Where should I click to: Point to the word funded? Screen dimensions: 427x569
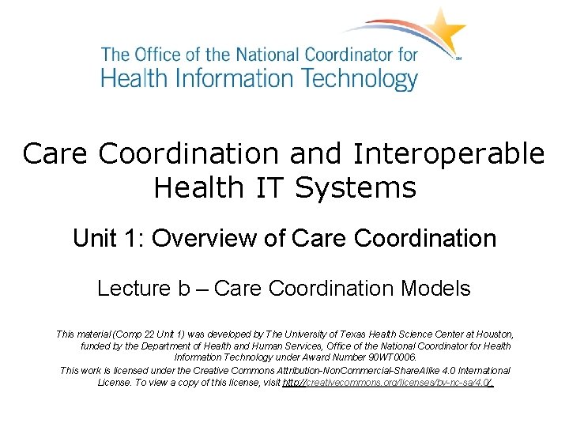pos(96,346)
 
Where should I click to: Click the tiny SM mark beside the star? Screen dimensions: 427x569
pos(458,58)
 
